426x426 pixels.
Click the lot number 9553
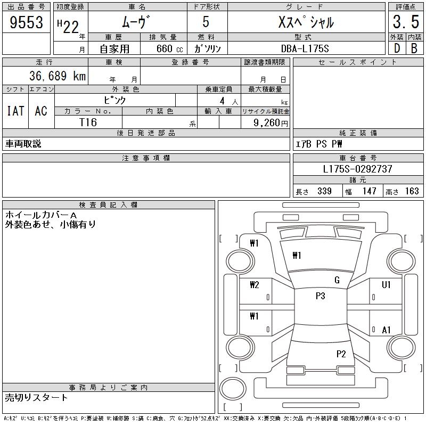[27, 23]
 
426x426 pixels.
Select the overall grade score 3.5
[405, 23]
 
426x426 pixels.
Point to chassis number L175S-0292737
[358, 169]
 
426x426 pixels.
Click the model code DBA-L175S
[305, 48]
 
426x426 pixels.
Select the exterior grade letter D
[396, 48]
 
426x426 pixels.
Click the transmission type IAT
[15, 111]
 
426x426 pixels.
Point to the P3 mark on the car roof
[320, 296]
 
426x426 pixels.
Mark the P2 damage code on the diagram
[341, 354]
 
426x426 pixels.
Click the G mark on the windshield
[337, 280]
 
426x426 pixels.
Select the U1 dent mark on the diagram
[386, 285]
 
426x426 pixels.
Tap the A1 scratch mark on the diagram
[387, 330]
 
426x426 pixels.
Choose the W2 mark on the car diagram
[254, 285]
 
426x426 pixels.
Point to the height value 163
[412, 191]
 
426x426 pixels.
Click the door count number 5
[206, 23]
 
